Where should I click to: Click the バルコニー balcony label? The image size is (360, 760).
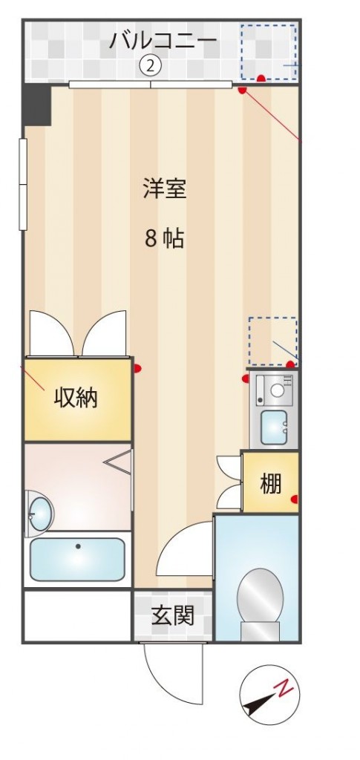coord(163,40)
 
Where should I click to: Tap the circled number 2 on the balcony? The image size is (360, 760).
coord(150,66)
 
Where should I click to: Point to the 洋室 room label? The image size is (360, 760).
coord(164,189)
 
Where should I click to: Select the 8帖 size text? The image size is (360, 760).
coord(164,238)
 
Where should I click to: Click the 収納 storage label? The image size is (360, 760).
coord(76,398)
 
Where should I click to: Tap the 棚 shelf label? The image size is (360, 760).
coord(270,483)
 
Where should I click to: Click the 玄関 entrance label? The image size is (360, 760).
coord(173,615)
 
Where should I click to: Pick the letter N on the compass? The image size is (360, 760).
coord(284,688)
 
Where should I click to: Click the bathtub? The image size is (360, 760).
coord(77,559)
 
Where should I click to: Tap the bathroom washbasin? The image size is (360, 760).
coord(40,514)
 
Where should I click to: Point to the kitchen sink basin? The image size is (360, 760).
coord(274,427)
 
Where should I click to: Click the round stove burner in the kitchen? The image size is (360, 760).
coord(278,390)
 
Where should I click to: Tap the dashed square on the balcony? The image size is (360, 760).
coord(269,52)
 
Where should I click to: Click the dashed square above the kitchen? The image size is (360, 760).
coord(273,341)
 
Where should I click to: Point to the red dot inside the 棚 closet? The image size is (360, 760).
coord(294,499)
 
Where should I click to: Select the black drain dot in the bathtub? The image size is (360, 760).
coord(78,546)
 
